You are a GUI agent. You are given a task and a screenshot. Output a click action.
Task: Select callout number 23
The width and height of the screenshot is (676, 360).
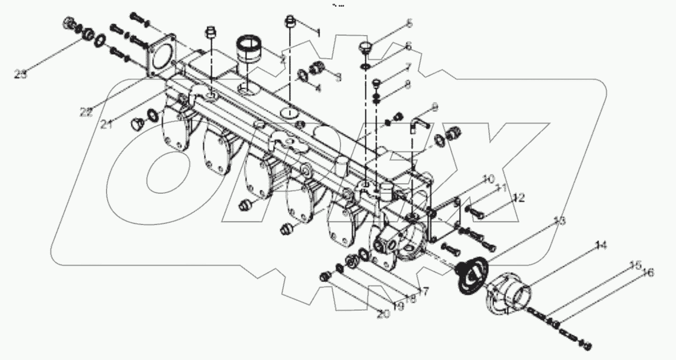[21, 74]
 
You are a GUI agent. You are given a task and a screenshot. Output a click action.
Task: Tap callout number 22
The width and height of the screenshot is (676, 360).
[85, 111]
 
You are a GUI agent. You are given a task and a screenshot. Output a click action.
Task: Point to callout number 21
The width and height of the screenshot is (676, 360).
[107, 125]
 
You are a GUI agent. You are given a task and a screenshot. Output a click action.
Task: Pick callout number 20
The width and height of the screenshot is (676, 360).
[382, 313]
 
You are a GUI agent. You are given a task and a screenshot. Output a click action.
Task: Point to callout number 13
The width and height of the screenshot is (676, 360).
[559, 221]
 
